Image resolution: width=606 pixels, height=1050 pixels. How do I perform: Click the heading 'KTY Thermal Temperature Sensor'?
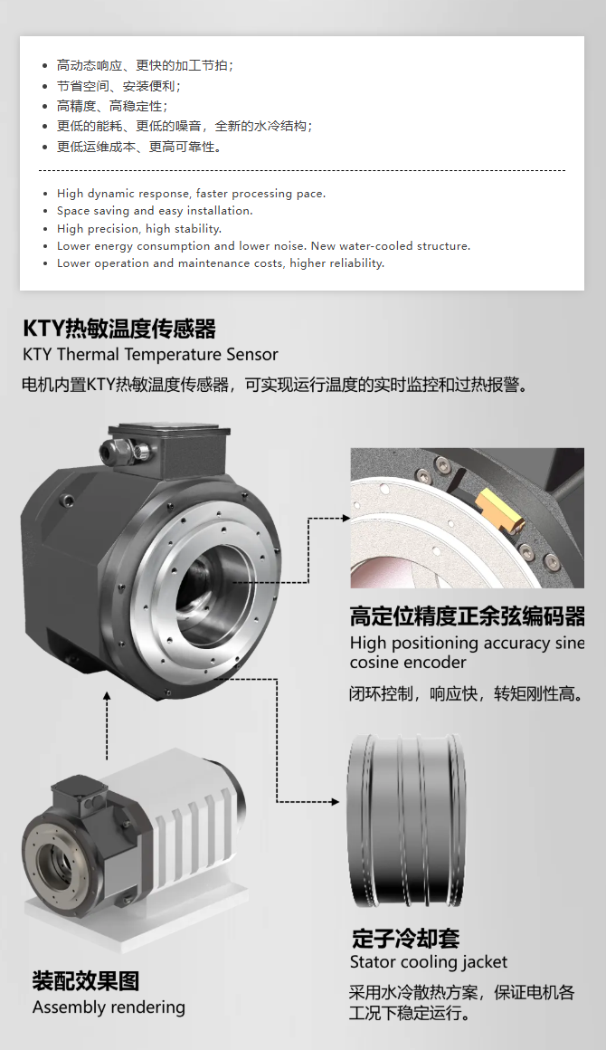click(150, 354)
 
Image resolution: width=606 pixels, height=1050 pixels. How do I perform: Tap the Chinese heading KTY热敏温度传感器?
click(119, 329)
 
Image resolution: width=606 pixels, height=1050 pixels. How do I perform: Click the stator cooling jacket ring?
click(407, 820)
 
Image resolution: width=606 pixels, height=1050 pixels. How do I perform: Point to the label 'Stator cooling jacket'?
click(428, 962)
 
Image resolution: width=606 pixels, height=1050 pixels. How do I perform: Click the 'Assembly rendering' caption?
click(109, 1007)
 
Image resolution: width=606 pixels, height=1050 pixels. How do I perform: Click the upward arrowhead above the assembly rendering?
click(107, 697)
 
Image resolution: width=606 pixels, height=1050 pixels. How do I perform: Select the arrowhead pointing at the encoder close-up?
click(346, 518)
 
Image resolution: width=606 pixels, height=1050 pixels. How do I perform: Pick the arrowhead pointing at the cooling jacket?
click(335, 802)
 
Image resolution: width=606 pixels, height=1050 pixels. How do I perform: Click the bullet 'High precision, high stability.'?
click(139, 228)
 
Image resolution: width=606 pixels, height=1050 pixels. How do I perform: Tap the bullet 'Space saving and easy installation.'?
click(155, 211)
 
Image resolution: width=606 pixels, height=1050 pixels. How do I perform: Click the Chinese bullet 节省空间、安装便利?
click(118, 86)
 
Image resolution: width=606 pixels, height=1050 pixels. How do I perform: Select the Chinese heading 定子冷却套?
click(405, 938)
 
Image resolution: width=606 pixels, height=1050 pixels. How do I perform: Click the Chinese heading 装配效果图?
click(86, 981)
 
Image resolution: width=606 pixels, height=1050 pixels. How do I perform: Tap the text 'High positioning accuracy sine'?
click(467, 643)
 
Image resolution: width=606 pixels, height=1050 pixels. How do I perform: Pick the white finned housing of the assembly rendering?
click(181, 820)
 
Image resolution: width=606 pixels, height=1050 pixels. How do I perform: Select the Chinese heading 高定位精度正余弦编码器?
click(467, 616)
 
